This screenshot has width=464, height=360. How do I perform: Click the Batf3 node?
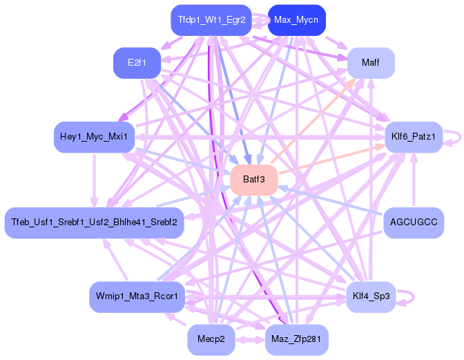click(x=254, y=180)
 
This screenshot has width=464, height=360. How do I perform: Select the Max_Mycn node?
click(x=296, y=20)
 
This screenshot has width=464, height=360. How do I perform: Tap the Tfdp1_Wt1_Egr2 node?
click(x=211, y=20)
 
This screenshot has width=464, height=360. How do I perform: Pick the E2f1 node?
click(x=137, y=63)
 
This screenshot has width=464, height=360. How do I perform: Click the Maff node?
click(x=371, y=63)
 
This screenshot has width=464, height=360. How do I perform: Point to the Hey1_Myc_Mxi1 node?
click(x=94, y=137)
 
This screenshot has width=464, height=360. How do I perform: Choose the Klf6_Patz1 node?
click(x=414, y=137)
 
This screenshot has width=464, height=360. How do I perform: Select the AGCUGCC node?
click(x=414, y=222)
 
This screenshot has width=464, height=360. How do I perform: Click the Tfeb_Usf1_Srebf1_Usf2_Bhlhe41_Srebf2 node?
click(x=94, y=222)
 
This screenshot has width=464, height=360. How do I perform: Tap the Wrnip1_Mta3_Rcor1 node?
click(x=137, y=296)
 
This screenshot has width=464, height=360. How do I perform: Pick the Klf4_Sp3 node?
click(x=371, y=296)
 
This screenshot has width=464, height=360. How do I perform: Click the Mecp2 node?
click(x=211, y=339)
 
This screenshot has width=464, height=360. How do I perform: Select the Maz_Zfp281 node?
click(x=296, y=339)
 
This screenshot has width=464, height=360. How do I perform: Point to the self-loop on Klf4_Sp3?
click(x=414, y=297)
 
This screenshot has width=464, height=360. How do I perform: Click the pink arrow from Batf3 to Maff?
click(x=313, y=122)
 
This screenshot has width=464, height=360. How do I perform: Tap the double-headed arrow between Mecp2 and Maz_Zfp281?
click(x=250, y=339)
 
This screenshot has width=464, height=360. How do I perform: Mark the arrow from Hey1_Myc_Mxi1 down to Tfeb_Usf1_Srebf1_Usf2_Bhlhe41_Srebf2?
click(x=94, y=180)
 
